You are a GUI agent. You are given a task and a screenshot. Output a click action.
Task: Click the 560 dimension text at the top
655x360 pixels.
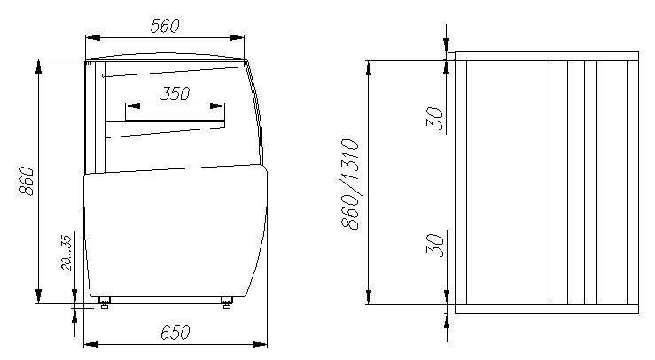pos(166,26)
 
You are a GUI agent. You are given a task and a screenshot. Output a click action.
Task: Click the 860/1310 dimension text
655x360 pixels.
pos(351,184)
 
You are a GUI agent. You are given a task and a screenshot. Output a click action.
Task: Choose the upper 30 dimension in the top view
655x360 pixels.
pos(434,117)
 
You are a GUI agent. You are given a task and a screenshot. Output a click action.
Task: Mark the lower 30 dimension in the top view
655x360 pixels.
pos(434,244)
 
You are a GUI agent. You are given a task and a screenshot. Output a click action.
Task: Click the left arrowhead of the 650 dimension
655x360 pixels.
pos(88,342)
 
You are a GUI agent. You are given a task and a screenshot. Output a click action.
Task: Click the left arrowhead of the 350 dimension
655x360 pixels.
pos(130,106)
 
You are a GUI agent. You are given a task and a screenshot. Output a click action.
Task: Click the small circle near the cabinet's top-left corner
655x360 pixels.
pos(104,76)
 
